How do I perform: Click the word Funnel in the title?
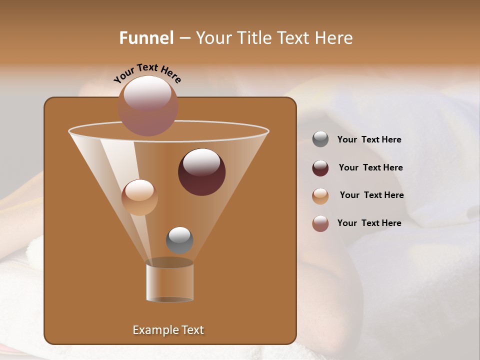click(x=146, y=38)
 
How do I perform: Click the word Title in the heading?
click(x=253, y=38)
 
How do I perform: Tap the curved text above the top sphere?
click(x=147, y=72)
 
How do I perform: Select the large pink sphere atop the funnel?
click(x=148, y=105)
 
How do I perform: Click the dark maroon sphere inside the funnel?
click(x=201, y=171)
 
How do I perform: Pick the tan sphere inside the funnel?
click(x=139, y=197)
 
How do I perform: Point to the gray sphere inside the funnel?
click(x=179, y=240)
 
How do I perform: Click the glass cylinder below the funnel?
click(x=170, y=282)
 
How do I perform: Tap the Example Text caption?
click(x=168, y=330)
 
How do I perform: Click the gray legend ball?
click(x=320, y=139)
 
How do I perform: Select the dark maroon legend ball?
click(x=320, y=168)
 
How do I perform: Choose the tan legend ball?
click(x=320, y=195)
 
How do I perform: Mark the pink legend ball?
click(x=320, y=223)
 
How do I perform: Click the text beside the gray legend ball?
click(x=369, y=140)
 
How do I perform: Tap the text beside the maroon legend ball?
click(x=370, y=168)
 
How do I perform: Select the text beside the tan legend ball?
click(x=371, y=195)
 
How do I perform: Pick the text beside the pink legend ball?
click(x=369, y=223)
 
